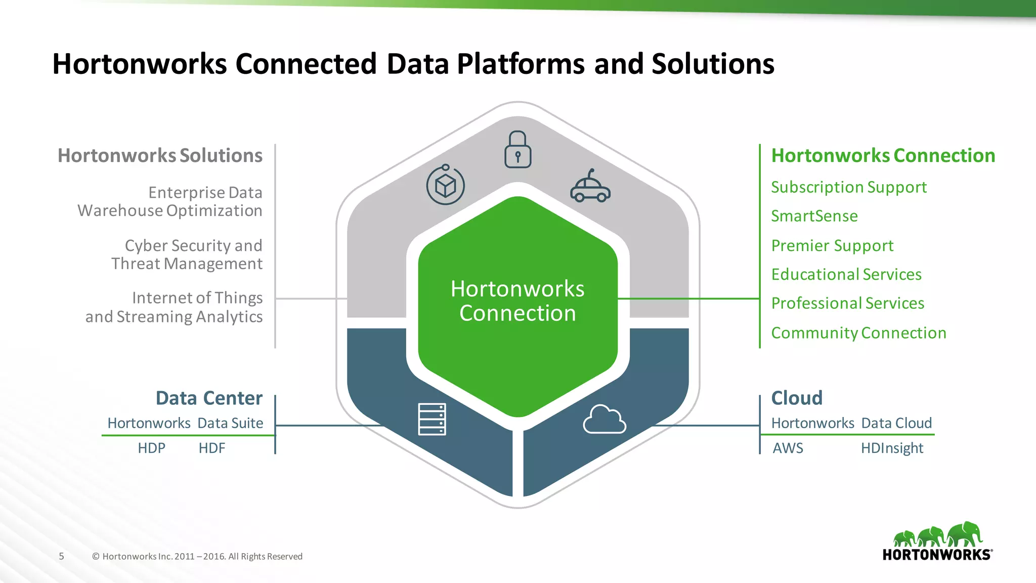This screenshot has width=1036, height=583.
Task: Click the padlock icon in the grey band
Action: click(x=517, y=150)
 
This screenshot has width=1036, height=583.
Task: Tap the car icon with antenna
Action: click(x=590, y=187)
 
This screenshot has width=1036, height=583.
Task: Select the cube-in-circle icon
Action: click(x=445, y=185)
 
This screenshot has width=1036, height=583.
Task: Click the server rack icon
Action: click(x=432, y=419)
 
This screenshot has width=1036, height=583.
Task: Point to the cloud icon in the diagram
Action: click(x=604, y=420)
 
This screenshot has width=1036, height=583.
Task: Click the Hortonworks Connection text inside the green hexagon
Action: click(x=517, y=301)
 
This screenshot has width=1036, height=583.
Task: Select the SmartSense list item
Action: click(x=814, y=216)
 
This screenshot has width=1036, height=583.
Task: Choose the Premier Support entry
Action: click(x=832, y=245)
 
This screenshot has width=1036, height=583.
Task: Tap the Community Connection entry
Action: click(x=858, y=333)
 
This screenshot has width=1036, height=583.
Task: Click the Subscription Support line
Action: click(x=848, y=187)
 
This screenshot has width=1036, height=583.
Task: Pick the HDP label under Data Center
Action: click(x=151, y=448)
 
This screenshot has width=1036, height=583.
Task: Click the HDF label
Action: click(x=211, y=448)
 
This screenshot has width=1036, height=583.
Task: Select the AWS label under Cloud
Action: click(x=788, y=448)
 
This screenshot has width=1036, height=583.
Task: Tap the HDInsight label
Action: click(x=892, y=448)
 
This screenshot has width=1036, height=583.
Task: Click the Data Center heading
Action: click(x=209, y=398)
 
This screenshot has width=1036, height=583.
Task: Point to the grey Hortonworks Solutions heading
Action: click(x=160, y=155)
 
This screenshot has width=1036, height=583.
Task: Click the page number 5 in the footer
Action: click(x=62, y=556)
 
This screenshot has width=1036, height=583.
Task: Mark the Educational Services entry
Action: click(x=846, y=274)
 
